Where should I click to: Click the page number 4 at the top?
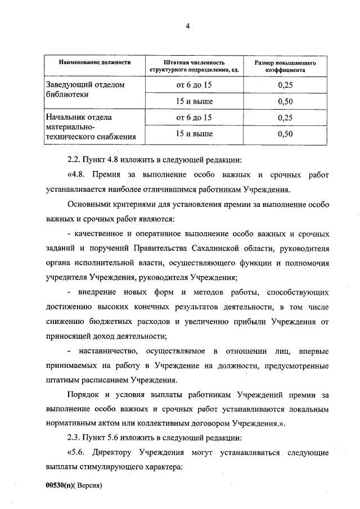(188, 25)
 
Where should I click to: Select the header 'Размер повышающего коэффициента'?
(285, 67)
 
